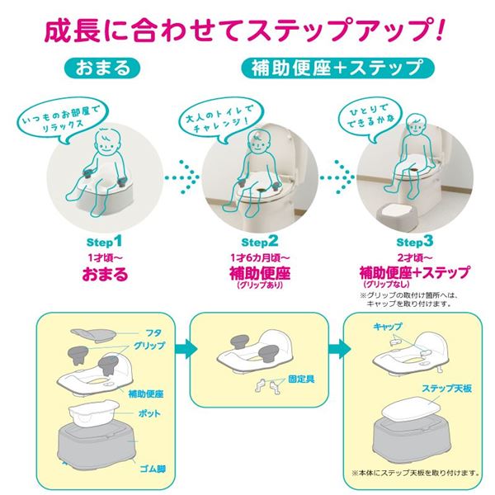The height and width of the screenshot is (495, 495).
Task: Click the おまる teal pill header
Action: pos(102,68)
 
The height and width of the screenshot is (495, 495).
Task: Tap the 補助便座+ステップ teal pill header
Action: pos(337,68)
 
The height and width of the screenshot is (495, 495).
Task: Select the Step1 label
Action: pos(104,242)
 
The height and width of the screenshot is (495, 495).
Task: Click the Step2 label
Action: pos(260,242)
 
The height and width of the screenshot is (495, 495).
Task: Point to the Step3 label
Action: pos(415,242)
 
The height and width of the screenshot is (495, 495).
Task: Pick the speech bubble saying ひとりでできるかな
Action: pos(370,117)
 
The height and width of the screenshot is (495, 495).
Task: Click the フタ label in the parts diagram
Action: pos(153,333)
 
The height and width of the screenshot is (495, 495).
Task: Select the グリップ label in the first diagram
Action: pos(149,346)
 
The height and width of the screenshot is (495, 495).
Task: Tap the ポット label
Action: pos(149,413)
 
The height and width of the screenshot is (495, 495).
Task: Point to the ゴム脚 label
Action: pos(153,469)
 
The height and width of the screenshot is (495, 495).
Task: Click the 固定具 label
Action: pos(301,379)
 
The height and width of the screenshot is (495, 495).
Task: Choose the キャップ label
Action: pos(388,327)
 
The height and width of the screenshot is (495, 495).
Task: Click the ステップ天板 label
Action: pos(447,388)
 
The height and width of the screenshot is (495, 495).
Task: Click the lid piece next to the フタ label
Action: pos(93,335)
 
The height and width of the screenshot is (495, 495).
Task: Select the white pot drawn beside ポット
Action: pos(93,412)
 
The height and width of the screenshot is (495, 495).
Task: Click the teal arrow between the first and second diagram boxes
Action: pos(186,349)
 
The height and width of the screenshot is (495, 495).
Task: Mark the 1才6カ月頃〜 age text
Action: pos(260,258)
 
